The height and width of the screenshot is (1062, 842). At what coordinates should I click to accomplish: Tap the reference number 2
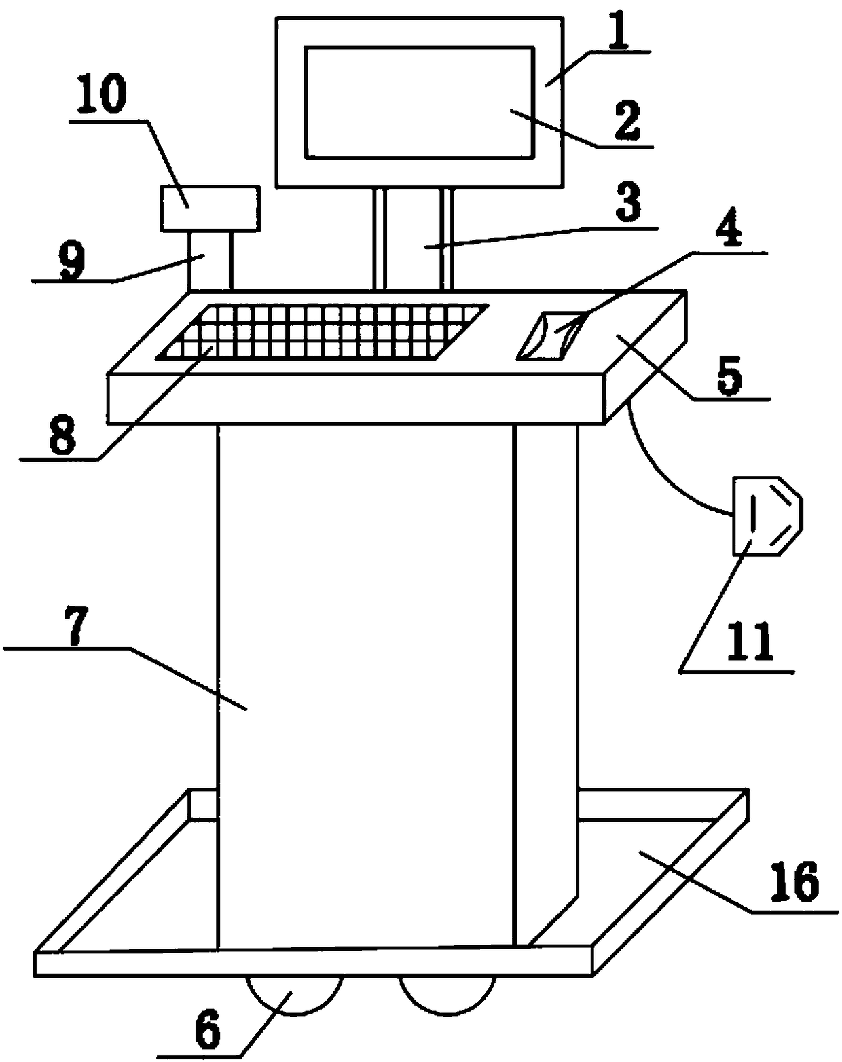[625, 122]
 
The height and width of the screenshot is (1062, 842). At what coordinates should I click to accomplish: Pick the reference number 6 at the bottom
[207, 1031]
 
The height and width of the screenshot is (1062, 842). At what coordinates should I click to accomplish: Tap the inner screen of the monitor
[419, 102]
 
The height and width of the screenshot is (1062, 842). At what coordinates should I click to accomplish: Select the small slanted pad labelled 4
[550, 335]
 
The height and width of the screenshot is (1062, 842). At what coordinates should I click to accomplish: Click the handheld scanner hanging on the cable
[766, 515]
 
